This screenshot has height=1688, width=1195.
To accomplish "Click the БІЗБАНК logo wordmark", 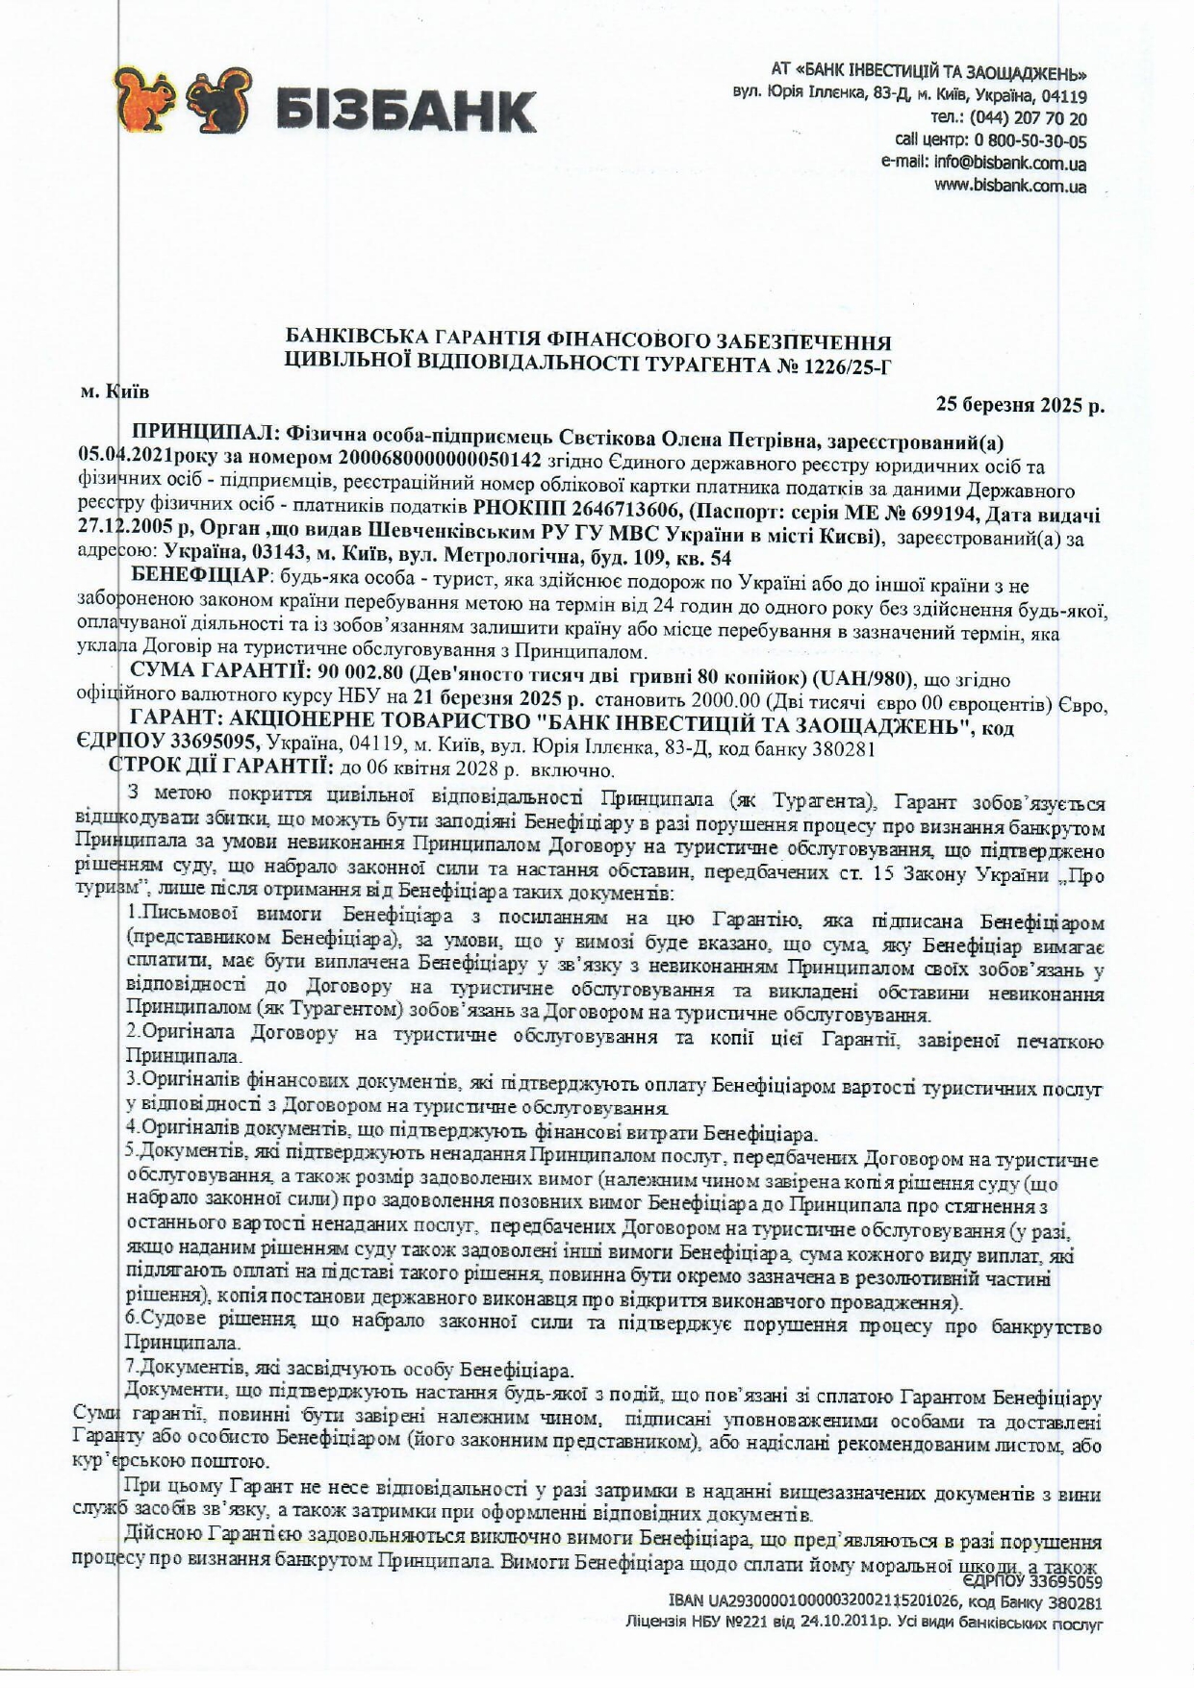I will (x=405, y=110).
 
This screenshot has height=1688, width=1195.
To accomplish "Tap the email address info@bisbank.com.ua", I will (x=1010, y=164).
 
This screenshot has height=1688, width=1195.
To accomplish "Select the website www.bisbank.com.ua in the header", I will (x=1010, y=186).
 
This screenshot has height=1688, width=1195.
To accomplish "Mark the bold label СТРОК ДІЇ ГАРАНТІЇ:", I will (x=222, y=768).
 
